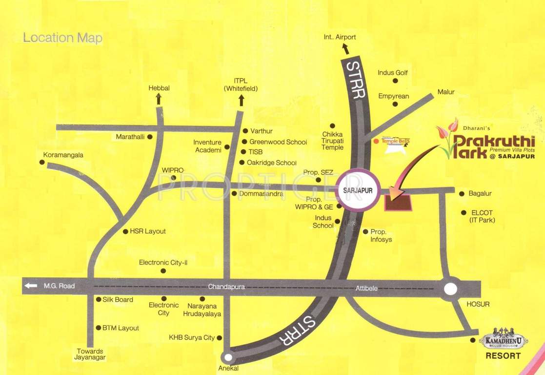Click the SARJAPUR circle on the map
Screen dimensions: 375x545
[358, 190]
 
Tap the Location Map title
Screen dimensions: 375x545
[62, 38]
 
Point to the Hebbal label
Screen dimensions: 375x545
[159, 88]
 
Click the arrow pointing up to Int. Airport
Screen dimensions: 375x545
[345, 48]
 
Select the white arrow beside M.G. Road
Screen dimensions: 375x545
[31, 286]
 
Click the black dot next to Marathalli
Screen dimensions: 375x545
[150, 137]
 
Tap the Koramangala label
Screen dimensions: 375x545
[63, 155]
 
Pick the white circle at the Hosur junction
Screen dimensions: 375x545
[450, 289]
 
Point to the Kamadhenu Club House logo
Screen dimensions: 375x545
[504, 340]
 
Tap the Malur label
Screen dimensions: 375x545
[446, 92]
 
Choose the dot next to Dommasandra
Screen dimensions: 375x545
[234, 193]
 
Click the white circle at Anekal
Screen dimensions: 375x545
[226, 357]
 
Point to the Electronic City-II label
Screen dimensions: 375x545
[163, 262]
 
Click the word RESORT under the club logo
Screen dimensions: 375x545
[503, 356]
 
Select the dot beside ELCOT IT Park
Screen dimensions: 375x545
[464, 212]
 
